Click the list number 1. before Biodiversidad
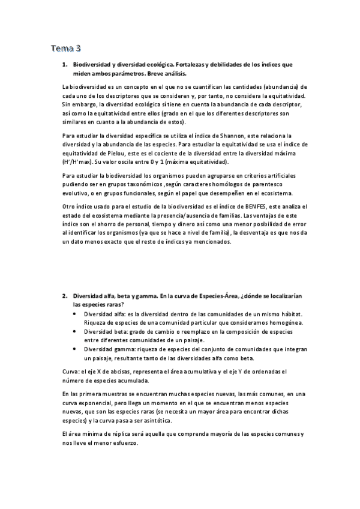65,64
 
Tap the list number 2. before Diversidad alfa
65,296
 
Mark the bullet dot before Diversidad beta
74,331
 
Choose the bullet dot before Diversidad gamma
74,349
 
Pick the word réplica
121,434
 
